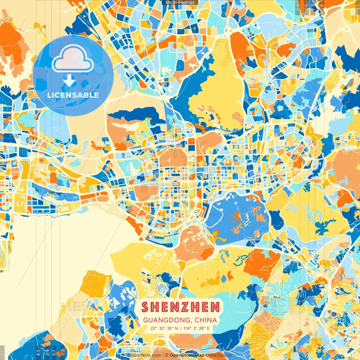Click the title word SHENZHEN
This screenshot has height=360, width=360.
point(181,307)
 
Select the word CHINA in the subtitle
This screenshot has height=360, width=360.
point(206,320)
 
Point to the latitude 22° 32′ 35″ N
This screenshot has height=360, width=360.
point(164,328)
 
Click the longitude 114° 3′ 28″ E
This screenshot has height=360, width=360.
point(196,328)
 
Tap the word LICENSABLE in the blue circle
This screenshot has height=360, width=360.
point(73,95)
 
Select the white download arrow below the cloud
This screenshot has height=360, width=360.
point(69,80)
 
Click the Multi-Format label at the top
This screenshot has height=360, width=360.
point(180,3)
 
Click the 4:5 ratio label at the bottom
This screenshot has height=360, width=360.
point(38,352)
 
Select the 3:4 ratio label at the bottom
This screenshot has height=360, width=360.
point(47,352)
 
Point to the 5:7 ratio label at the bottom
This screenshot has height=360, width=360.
point(54,352)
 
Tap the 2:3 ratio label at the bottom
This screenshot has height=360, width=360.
point(62,352)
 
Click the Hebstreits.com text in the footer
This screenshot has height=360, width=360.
point(145,355)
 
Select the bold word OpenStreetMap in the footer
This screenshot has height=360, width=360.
point(187,355)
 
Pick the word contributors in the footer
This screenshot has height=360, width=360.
point(219,355)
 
